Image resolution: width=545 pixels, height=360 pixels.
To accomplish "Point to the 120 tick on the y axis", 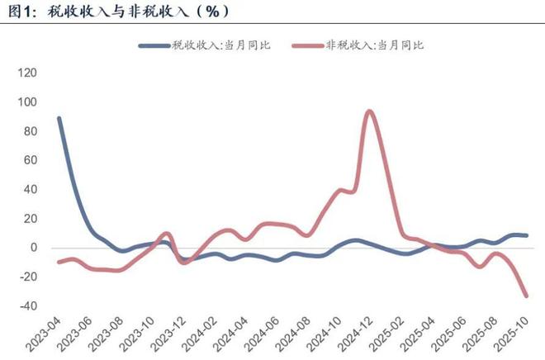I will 27,73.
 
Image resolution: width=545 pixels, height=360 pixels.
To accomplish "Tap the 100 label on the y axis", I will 27,102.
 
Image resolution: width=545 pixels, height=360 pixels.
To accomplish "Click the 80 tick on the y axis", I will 30,131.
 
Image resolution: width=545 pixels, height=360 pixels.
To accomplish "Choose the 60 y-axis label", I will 30,160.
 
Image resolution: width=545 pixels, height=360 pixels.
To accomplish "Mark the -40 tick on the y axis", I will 27,306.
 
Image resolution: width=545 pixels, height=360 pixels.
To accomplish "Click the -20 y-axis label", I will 27,277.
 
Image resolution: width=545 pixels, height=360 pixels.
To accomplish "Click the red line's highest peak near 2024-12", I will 369,111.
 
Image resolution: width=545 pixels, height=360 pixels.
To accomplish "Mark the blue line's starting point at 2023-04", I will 59,118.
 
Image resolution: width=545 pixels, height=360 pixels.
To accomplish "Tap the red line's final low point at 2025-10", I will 526,296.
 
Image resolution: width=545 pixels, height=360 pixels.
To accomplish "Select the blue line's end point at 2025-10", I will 526,235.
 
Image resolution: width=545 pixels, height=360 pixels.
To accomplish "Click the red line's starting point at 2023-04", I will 59,262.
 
